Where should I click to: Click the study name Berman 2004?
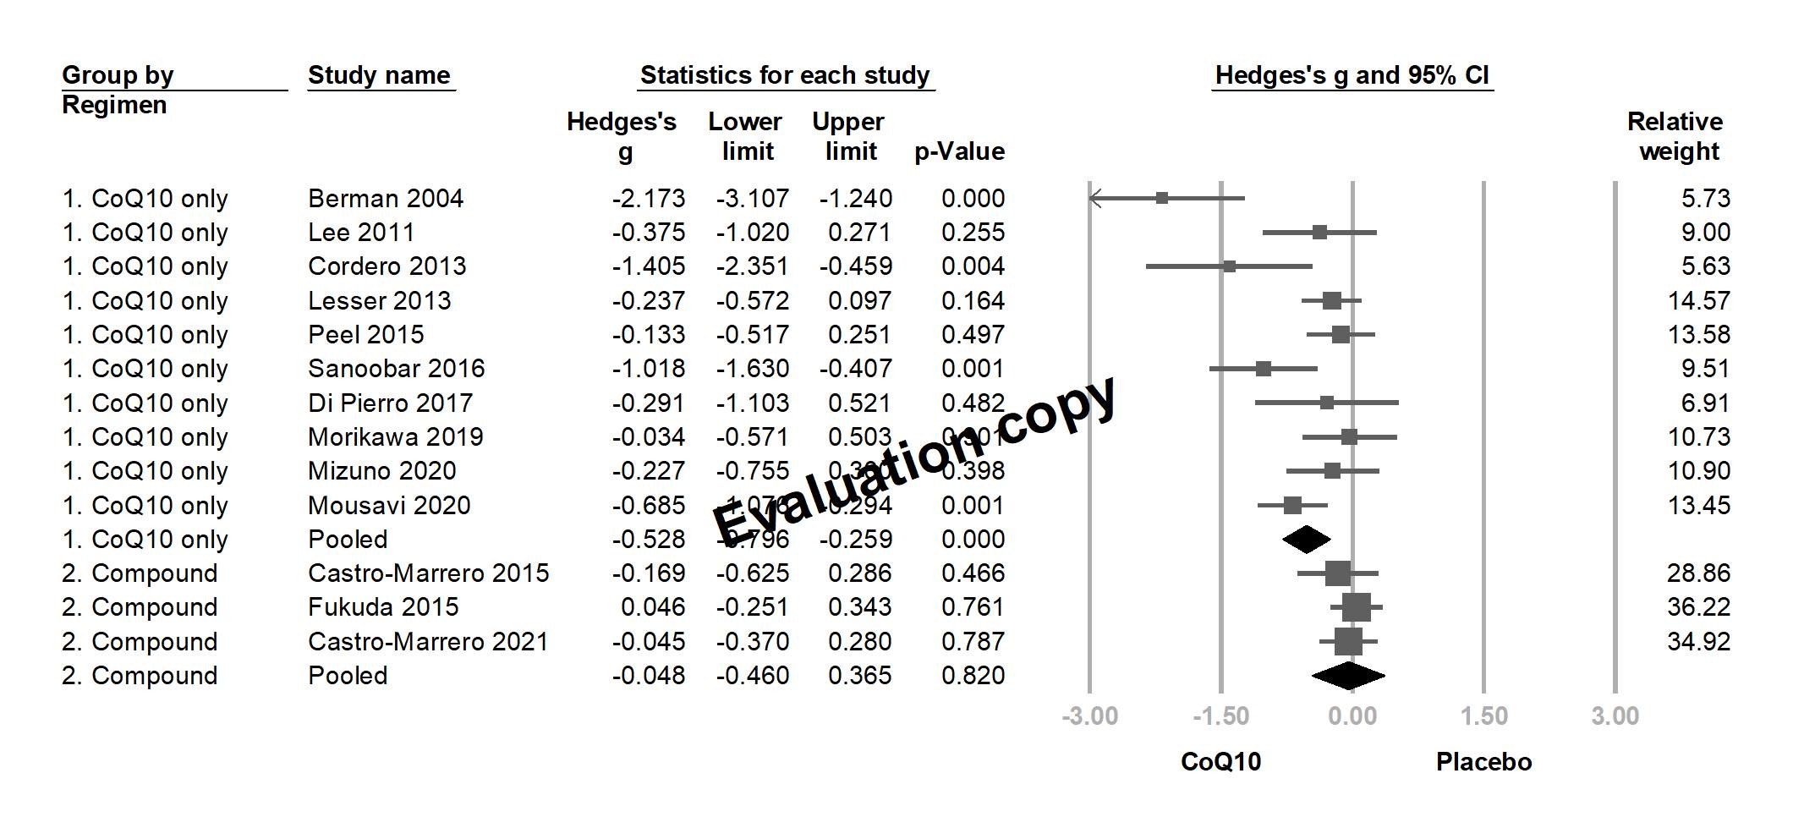tap(385, 199)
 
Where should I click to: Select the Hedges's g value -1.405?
tap(649, 266)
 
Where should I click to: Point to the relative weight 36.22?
tap(1698, 607)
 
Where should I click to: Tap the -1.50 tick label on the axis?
tap(1220, 716)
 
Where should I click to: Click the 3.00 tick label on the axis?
tap(1615, 716)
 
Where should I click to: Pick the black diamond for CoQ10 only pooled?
tap(1306, 540)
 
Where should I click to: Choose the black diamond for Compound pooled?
tap(1348, 676)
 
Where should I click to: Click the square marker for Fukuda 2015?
tap(1356, 607)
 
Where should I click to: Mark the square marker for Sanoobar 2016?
tap(1263, 369)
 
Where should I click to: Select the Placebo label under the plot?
tap(1483, 762)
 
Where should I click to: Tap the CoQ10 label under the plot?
tap(1220, 762)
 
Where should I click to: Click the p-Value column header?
tap(959, 151)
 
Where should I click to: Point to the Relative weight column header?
tap(1675, 136)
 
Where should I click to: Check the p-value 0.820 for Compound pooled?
tap(973, 676)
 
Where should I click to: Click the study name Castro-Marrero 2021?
tap(428, 642)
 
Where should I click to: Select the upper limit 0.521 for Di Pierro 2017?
tap(859, 403)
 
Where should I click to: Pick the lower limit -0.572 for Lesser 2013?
tap(752, 301)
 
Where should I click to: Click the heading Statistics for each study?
tap(785, 75)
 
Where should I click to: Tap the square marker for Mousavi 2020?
tap(1292, 506)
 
